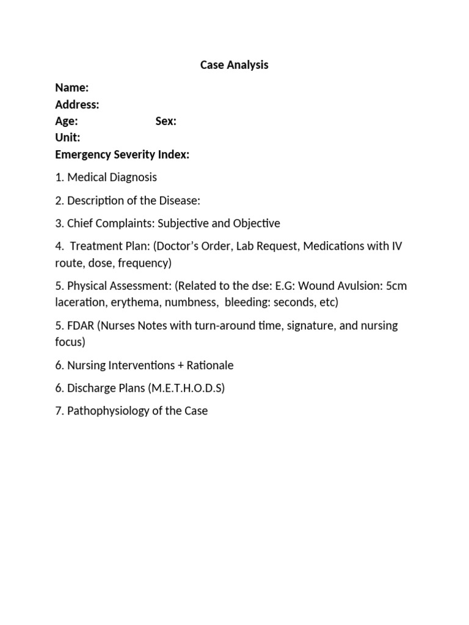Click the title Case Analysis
pyautogui.click(x=234, y=65)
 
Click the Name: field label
pyautogui.click(x=71, y=88)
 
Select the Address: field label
pyautogui.click(x=77, y=104)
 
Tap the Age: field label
pyautogui.click(x=66, y=121)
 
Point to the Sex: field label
pyautogui.click(x=165, y=121)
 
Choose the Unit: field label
pyautogui.click(x=67, y=137)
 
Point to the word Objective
pyautogui.click(x=255, y=223)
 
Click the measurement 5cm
pyautogui.click(x=396, y=286)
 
